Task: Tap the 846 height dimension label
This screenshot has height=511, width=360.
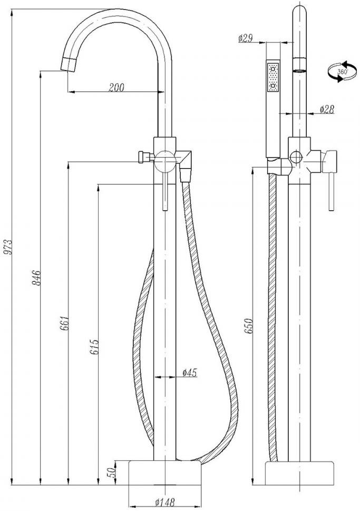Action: click(36, 278)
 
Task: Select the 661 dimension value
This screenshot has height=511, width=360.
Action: click(64, 322)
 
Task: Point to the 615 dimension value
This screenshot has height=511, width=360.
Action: click(94, 347)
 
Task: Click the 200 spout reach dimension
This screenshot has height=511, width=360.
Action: click(116, 87)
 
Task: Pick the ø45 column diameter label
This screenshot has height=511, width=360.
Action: click(190, 372)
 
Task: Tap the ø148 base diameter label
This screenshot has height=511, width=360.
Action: click(165, 502)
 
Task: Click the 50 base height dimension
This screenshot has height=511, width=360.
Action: click(112, 472)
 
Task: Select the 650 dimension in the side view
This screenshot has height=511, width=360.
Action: click(248, 326)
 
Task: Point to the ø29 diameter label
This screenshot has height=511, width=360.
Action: click(246, 38)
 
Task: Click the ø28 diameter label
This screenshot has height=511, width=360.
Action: click(327, 110)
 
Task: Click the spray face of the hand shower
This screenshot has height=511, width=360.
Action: click(273, 77)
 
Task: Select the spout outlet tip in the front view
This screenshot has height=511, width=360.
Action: click(69, 64)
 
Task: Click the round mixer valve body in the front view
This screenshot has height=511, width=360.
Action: click(164, 161)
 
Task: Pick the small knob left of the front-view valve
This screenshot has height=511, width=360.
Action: click(142, 157)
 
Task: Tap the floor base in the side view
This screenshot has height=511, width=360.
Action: click(299, 473)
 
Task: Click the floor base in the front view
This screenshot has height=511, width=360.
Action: click(164, 473)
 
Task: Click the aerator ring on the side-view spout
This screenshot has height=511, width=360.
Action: click(300, 64)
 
